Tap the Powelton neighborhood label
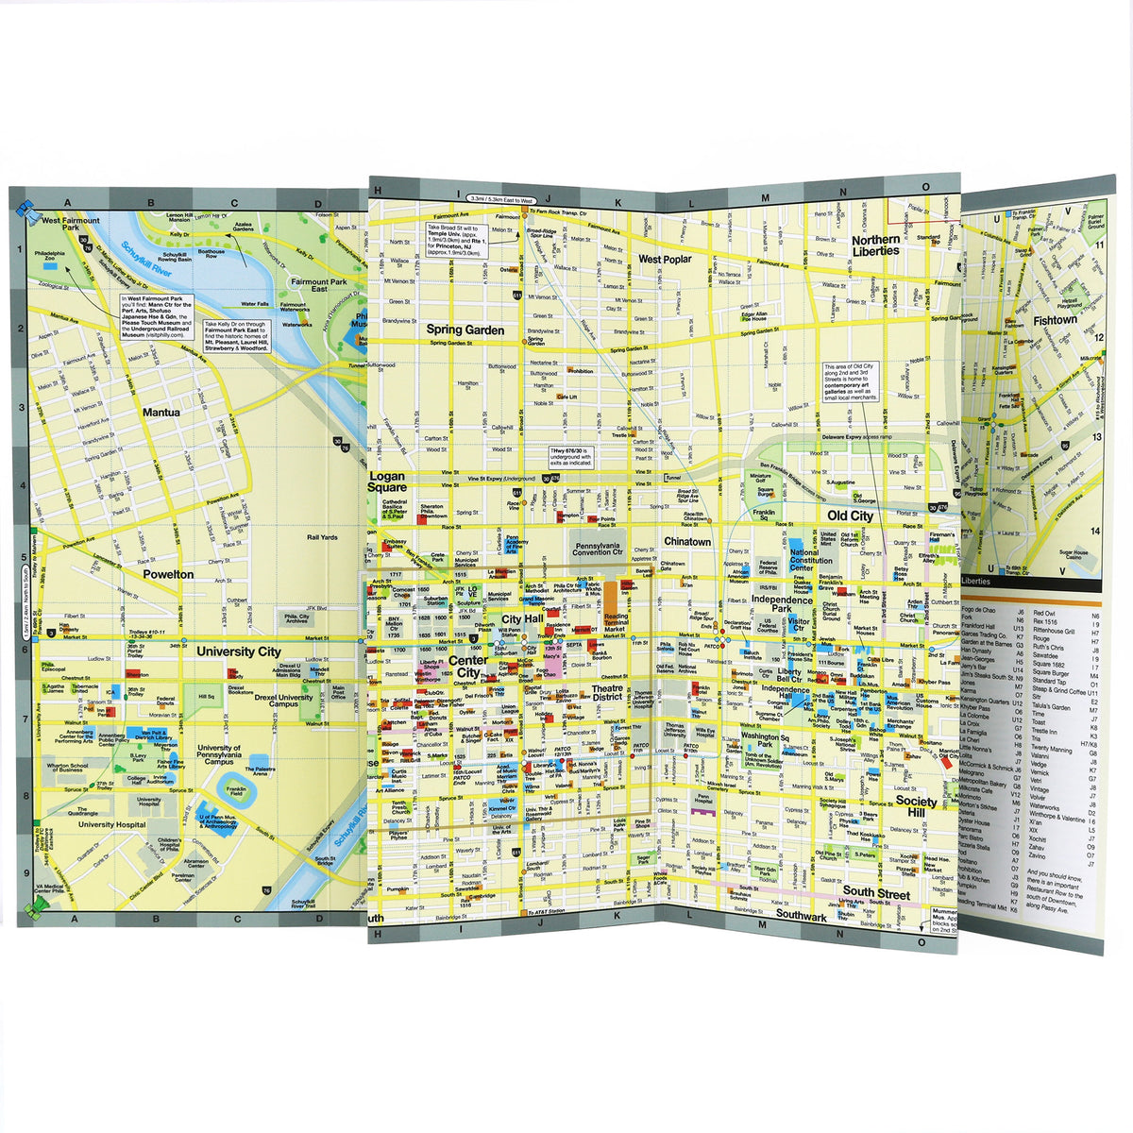point(168,574)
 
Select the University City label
point(238,651)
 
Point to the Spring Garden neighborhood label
point(465,330)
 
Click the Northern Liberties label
point(875,245)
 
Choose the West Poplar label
point(664,259)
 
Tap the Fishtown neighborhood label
point(1055,320)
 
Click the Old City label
point(850,516)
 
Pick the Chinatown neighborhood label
point(686,542)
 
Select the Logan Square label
point(387,482)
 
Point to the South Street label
point(876,893)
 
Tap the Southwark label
point(801,916)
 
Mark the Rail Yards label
point(322,537)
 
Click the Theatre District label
point(607,693)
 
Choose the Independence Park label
point(782,604)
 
